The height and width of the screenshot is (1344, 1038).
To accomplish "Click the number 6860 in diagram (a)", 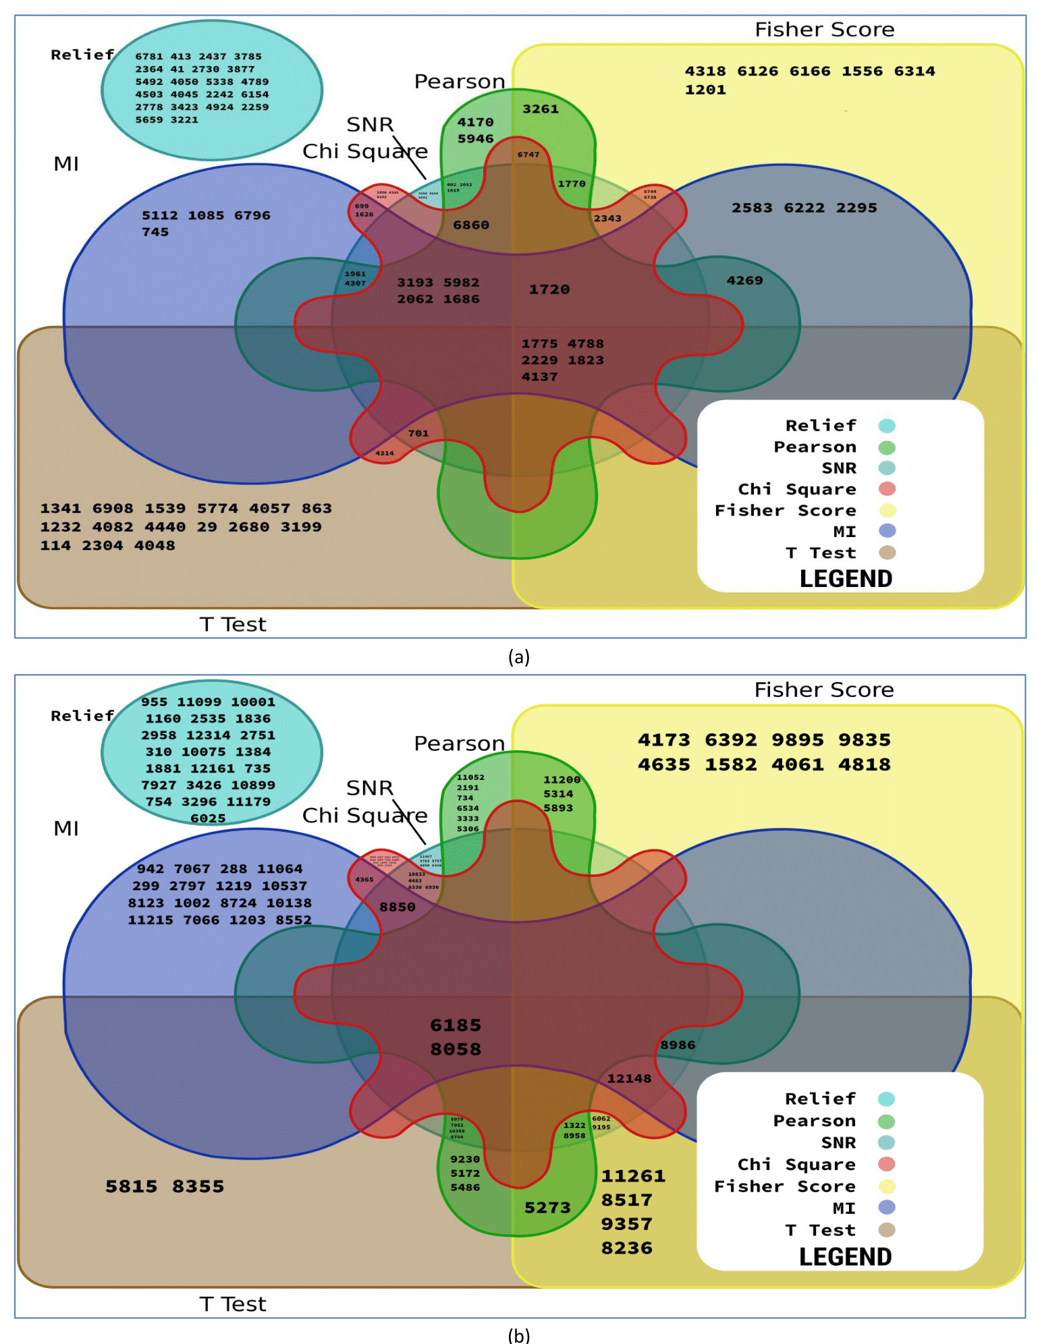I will pos(471,225).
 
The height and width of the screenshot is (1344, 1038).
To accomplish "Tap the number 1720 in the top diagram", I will pos(549,289).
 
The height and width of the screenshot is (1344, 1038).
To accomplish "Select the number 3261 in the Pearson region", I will pos(541,109).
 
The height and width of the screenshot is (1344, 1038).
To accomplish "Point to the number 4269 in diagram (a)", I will pos(744,281).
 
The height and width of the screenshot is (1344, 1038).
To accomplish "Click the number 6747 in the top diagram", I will pos(528,155).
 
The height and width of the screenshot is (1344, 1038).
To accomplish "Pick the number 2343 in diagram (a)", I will pos(607,219).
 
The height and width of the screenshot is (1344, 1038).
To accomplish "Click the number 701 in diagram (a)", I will pos(418,434).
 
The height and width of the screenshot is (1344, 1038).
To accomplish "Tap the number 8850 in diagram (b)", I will pos(398,907).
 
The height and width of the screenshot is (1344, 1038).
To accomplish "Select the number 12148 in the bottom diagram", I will pos(629,1079).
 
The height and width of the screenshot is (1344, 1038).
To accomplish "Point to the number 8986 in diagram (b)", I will pos(678,1045).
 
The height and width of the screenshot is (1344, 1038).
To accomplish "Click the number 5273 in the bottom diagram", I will pos(547,1208).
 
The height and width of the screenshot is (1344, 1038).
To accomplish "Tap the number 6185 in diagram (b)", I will pos(456,1026).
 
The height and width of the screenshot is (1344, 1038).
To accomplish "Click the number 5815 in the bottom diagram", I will pos(131,1187).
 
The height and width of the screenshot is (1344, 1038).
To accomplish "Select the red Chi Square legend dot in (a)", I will pos(887,489).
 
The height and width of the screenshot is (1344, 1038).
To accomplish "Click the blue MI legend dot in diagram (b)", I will pos(887,1208).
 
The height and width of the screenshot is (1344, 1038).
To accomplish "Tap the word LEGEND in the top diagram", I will pos(846,579).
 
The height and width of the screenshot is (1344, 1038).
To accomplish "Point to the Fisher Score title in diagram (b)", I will pos(824,690).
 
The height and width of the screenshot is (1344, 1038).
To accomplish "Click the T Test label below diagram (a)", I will pos(233,625).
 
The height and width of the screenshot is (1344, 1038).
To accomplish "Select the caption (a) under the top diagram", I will pos(518,656).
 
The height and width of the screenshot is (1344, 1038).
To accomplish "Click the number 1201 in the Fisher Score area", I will pos(705,90).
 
